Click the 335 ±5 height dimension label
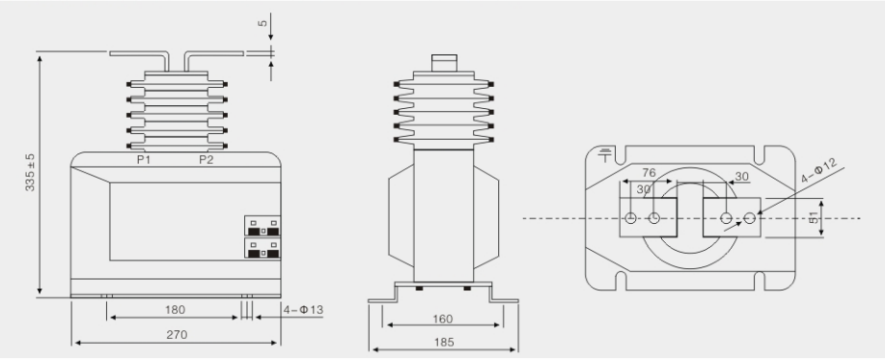pos(30,172)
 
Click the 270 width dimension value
pos(177,335)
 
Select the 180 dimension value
pos(175,310)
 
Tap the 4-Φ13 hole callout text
pos(303,310)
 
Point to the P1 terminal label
pos(144,159)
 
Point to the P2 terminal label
pos(206,159)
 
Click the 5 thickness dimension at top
pos(263,23)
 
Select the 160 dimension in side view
pos(442,319)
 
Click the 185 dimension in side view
pos(444,343)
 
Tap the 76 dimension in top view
pos(649,172)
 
